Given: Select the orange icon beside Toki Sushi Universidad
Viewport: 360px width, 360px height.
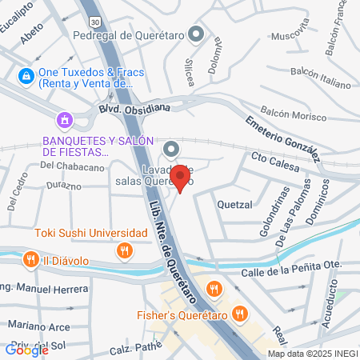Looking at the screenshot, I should pyautogui.click(x=124, y=251).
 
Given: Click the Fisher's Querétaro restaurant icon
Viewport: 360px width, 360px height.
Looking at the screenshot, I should pyautogui.click(x=238, y=314).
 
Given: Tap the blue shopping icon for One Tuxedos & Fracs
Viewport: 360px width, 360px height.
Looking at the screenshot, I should pyautogui.click(x=26, y=76).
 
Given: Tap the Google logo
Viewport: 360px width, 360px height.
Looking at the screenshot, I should pyautogui.click(x=26, y=349).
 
